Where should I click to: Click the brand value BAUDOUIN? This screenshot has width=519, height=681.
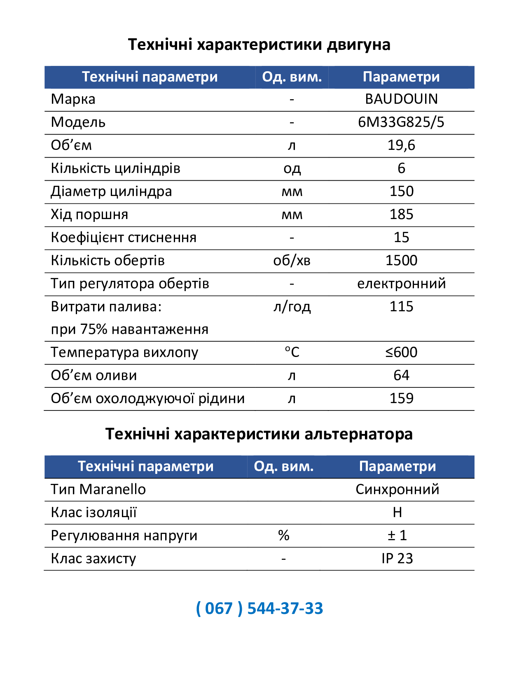(x=401, y=99)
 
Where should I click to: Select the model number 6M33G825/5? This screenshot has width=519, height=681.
(x=401, y=122)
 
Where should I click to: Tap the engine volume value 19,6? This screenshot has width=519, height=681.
(x=401, y=145)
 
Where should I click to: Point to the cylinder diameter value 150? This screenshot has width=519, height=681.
(x=401, y=191)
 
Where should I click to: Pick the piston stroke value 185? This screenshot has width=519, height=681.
(x=401, y=215)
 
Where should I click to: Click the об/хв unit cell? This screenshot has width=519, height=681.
(x=292, y=261)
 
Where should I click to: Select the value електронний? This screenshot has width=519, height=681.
(x=401, y=284)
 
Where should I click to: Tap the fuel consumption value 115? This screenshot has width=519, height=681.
(x=401, y=307)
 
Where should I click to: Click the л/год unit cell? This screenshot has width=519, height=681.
(x=292, y=307)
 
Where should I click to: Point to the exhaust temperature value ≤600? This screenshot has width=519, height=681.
(x=401, y=352)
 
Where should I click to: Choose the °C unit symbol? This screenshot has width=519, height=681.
(x=292, y=352)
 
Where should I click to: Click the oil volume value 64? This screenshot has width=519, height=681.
(x=401, y=375)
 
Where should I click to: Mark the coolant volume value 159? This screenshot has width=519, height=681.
(x=401, y=399)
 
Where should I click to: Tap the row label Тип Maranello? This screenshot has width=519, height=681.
(x=98, y=490)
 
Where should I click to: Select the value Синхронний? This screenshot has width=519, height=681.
(x=397, y=490)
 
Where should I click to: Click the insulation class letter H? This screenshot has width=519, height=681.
(x=397, y=513)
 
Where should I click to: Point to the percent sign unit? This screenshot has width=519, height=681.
(x=283, y=536)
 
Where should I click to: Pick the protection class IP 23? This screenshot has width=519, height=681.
(x=397, y=559)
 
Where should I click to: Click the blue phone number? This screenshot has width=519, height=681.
(x=259, y=609)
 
